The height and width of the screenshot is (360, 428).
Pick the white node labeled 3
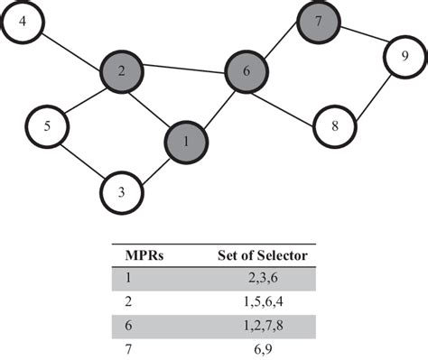[x=122, y=192]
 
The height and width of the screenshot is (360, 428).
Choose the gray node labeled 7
[x=317, y=19]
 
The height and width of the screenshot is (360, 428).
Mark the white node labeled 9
[x=400, y=58]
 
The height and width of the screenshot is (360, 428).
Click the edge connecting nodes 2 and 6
[x=184, y=69]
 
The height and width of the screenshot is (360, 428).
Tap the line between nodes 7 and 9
[x=358, y=38]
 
